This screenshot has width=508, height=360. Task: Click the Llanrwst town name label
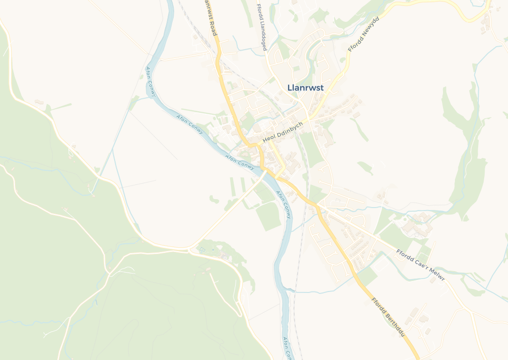[x=305, y=88]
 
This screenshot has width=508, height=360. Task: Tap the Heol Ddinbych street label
[x=282, y=133]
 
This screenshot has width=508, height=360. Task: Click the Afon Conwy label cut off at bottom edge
[x=287, y=348]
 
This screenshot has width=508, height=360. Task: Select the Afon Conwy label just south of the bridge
[x=283, y=205]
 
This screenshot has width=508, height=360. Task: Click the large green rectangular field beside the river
[x=268, y=216]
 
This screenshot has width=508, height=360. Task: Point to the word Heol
[x=268, y=140]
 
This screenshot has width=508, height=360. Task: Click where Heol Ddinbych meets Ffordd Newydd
[x=307, y=120]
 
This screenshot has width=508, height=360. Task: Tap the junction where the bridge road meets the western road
[x=189, y=248]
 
